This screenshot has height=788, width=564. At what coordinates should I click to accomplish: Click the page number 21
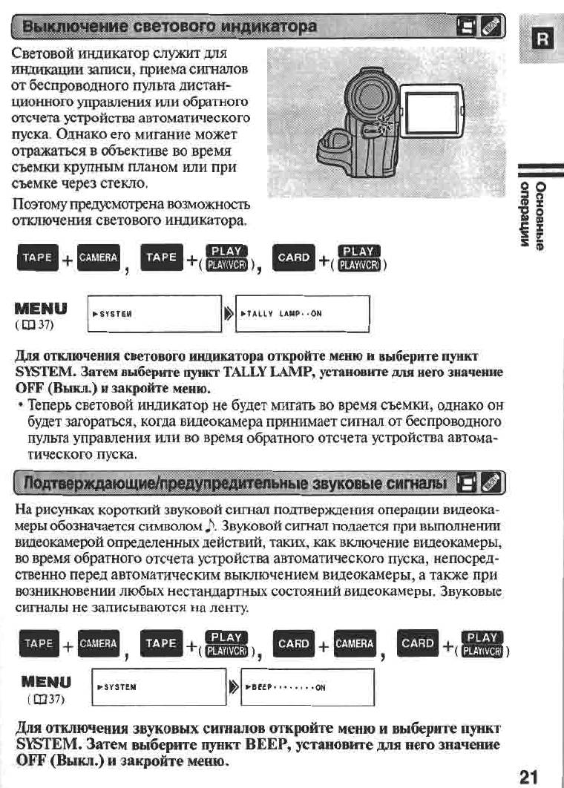point(528,776)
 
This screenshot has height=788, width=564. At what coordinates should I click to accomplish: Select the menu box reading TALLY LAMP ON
point(301,313)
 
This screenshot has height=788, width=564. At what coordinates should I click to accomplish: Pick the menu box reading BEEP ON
point(309,686)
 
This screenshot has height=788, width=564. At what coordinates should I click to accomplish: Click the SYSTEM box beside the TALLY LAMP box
point(154,313)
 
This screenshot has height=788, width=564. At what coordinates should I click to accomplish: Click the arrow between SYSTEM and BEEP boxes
point(235,686)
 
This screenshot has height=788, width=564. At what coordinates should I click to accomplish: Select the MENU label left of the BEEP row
point(46,680)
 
